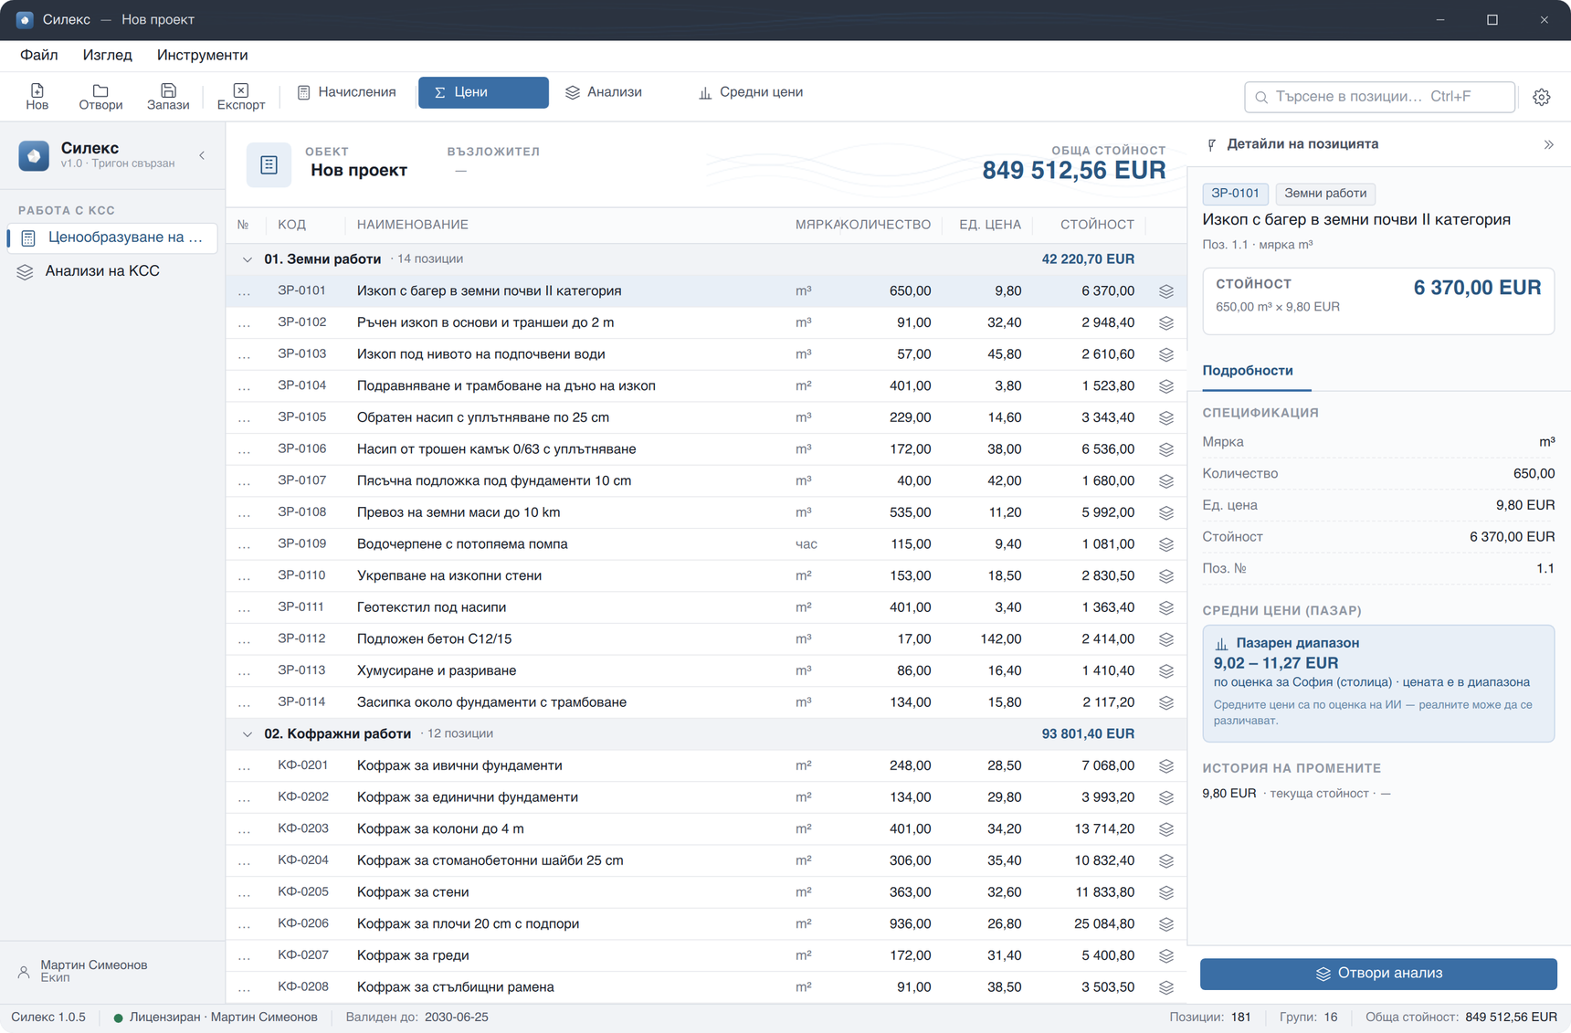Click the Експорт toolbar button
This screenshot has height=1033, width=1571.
click(x=240, y=96)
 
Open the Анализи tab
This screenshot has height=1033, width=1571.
click(x=604, y=92)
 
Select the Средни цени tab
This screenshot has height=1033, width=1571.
click(x=751, y=92)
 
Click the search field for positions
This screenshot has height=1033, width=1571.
click(x=1379, y=97)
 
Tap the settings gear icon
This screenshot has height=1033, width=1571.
click(x=1542, y=97)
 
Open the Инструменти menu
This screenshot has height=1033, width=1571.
click(x=202, y=55)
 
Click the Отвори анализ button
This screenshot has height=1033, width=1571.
click(x=1378, y=974)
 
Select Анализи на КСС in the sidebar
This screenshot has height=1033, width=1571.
click(x=102, y=271)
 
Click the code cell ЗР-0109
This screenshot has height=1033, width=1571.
click(x=301, y=543)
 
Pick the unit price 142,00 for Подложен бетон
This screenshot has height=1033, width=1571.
click(x=1001, y=638)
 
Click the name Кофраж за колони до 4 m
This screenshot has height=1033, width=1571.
click(x=440, y=828)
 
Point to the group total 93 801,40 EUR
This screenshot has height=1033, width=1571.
click(x=1088, y=733)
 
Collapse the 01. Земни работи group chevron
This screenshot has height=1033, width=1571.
click(x=247, y=259)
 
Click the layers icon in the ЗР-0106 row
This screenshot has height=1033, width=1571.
click(x=1166, y=449)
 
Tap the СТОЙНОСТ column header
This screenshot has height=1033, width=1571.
click(x=1097, y=225)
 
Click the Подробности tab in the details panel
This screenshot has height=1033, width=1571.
click(x=1248, y=371)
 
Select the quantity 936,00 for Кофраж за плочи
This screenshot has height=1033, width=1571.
click(x=910, y=923)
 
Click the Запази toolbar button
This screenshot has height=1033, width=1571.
click(x=168, y=96)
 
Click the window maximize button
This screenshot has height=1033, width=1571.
click(x=1492, y=19)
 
